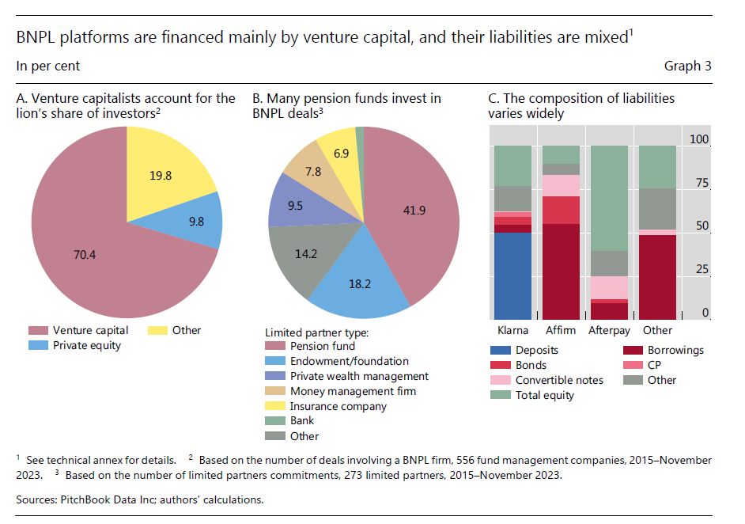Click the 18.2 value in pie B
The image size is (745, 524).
pos(359,282)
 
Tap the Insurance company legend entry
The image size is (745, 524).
pos(337,406)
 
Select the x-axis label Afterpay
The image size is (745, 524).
pos(610,330)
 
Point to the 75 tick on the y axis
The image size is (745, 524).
pos(700,183)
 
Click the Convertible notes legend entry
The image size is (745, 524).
pos(559,380)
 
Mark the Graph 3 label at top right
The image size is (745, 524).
pos(687,66)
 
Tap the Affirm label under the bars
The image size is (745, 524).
pos(561,330)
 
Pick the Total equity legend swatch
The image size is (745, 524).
pos(500,395)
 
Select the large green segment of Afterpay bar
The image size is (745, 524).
pos(610,198)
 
